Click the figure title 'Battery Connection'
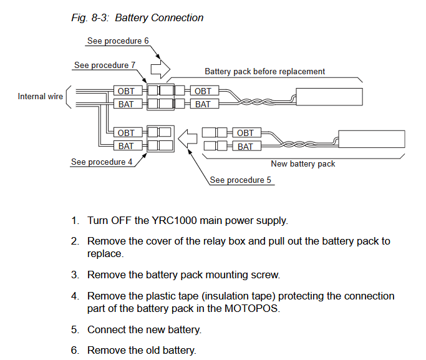(x=159, y=18)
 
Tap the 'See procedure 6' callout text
(x=118, y=41)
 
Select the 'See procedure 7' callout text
(x=105, y=66)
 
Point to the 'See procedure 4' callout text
(x=102, y=162)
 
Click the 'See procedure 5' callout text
(x=240, y=180)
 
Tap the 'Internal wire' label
(x=40, y=97)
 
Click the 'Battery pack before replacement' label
(x=264, y=72)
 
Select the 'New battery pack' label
(x=303, y=164)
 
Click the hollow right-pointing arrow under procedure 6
(x=160, y=69)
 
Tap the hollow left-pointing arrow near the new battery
(x=188, y=139)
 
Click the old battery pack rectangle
(x=329, y=97)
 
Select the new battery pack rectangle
(x=372, y=139)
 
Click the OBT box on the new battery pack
(x=247, y=133)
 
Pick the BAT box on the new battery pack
(x=247, y=146)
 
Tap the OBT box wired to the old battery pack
(x=205, y=90)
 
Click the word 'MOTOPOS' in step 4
(x=252, y=308)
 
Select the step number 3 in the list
(x=75, y=275)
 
